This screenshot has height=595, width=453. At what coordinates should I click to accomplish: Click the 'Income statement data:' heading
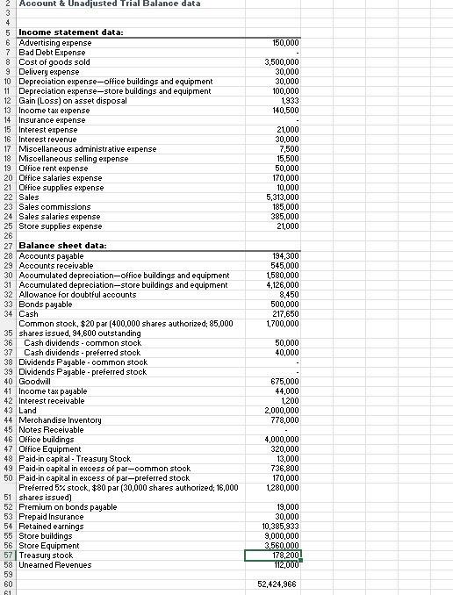tap(70, 32)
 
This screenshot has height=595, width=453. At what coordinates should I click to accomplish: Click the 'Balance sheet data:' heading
tap(62, 246)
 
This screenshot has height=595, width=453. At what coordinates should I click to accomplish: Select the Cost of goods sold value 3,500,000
tap(281, 62)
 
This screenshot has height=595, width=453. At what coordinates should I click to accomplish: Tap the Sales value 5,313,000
tap(281, 197)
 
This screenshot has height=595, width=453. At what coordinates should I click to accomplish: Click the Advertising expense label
tap(54, 43)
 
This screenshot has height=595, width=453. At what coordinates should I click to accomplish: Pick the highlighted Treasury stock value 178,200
tap(273, 555)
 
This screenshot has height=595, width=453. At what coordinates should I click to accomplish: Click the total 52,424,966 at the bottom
tap(277, 584)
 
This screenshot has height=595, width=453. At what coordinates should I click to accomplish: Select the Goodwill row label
tap(34, 381)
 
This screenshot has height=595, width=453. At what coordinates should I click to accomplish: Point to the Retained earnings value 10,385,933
tap(279, 526)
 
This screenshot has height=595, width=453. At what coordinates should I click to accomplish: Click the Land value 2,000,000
tap(281, 411)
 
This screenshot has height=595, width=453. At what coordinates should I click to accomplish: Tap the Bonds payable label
tap(46, 304)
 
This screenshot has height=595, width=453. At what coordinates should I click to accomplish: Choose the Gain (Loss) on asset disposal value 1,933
tap(287, 101)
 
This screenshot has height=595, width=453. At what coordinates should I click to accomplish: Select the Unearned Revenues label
tap(55, 564)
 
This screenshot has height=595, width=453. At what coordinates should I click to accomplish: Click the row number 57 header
tap(8, 555)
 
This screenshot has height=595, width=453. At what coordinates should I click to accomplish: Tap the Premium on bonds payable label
tap(68, 506)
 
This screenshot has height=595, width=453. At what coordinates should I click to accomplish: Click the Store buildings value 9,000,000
tap(281, 535)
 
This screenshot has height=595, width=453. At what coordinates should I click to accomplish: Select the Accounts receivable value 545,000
tap(284, 265)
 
